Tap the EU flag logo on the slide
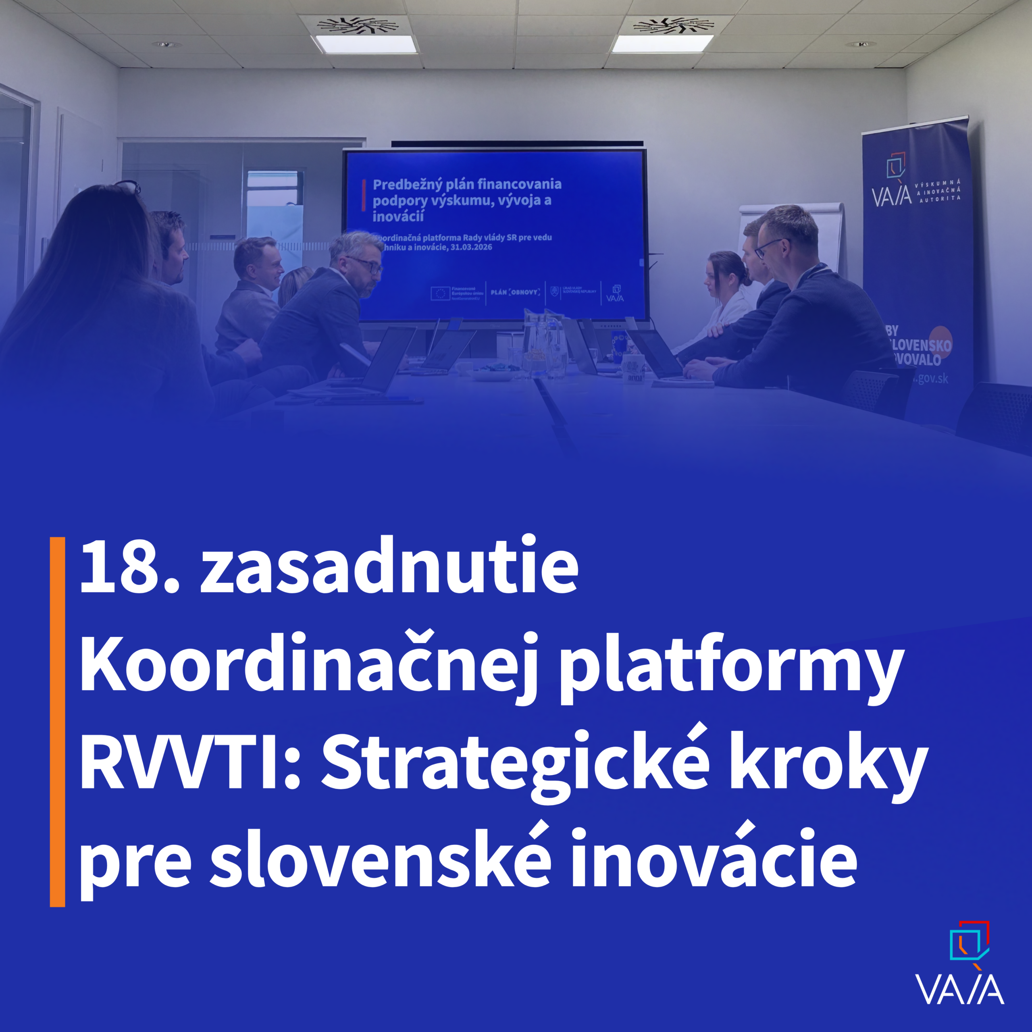440,293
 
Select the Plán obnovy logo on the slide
515,293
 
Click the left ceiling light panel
366,44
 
